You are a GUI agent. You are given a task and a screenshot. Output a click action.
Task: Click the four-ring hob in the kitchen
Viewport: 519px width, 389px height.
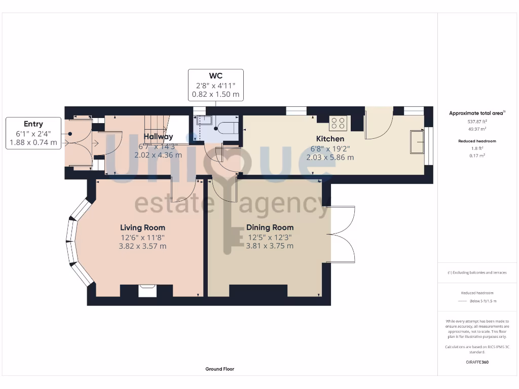[x=338, y=123]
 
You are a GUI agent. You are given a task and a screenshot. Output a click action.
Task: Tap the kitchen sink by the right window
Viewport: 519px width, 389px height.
[x=418, y=141]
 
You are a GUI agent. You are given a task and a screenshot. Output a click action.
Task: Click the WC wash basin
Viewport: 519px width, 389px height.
[x=204, y=121]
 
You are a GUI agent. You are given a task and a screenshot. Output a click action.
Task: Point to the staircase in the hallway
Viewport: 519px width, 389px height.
[x=156, y=124]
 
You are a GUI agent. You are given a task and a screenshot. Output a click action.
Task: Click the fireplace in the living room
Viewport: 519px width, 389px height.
[x=147, y=290]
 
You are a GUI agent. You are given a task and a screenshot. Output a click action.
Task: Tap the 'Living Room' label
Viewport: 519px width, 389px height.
[x=142, y=227]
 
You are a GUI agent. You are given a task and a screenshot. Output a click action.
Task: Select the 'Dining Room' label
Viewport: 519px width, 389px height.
[x=270, y=227]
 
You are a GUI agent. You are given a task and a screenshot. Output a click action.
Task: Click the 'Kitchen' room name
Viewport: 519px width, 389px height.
[x=330, y=138]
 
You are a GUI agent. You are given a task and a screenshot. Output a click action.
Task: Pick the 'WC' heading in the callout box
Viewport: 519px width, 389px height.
[x=216, y=76]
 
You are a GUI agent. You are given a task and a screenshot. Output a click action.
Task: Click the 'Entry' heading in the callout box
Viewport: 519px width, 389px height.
[x=33, y=124]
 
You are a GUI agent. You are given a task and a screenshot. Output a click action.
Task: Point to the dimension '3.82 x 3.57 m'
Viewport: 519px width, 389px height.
[x=142, y=246]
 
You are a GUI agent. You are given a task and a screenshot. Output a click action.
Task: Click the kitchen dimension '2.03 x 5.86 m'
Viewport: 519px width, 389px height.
[x=330, y=157]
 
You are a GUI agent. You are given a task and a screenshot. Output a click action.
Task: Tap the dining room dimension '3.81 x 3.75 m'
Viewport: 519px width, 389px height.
[x=270, y=246]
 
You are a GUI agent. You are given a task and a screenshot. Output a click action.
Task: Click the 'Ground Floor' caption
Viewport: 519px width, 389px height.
[x=219, y=369]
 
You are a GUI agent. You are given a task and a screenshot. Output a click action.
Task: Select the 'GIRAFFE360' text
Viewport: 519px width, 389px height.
[x=476, y=362]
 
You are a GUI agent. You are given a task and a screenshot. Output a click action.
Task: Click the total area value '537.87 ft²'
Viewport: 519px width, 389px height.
[x=476, y=122]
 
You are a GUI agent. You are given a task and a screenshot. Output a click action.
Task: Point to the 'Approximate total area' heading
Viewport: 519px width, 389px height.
[x=476, y=113]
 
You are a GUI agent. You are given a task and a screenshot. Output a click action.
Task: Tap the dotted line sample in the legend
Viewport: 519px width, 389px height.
[x=461, y=301]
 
